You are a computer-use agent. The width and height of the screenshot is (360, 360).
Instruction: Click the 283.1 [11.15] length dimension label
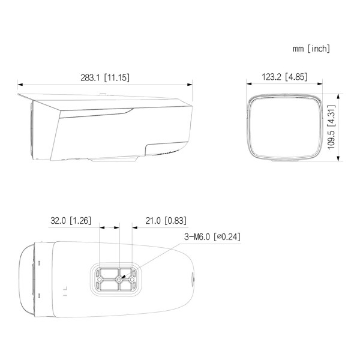[105, 77]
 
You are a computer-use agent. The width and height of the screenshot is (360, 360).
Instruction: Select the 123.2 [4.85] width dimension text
[284, 77]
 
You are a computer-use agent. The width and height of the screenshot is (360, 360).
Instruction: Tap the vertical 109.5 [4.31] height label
[331, 127]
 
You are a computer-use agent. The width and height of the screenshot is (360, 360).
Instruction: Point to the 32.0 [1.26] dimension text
[71, 221]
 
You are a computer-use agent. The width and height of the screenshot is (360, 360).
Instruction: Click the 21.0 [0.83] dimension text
[166, 221]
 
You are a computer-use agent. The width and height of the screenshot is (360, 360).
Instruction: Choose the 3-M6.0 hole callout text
[212, 236]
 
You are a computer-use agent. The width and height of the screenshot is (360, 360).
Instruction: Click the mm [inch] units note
[311, 49]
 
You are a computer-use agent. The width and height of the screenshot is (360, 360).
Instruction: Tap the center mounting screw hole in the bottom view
[119, 280]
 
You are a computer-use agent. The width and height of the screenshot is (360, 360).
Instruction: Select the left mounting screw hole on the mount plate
[100, 280]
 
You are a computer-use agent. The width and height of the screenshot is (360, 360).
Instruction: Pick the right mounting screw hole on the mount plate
[132, 280]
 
